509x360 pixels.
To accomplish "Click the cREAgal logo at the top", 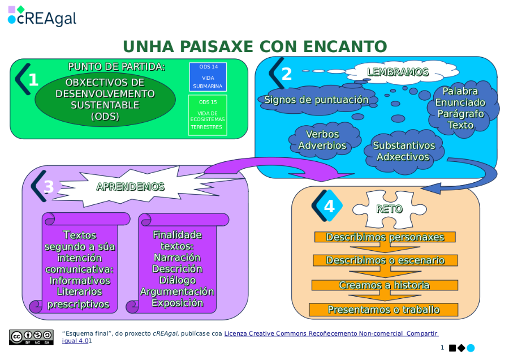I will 42,17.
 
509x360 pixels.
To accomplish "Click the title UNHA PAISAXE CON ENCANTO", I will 255,46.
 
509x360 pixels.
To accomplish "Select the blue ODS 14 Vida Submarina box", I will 208,77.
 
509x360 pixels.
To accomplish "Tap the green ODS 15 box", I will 208,115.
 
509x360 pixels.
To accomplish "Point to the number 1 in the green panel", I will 33,80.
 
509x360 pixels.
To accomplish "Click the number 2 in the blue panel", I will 287,74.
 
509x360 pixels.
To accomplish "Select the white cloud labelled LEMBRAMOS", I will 398,72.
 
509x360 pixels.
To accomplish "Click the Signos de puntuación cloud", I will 317,100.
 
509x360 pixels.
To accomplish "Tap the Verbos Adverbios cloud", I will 322,140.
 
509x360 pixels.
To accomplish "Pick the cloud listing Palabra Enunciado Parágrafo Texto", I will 460,108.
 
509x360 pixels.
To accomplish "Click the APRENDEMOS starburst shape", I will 131,187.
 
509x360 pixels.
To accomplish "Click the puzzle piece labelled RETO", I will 389,209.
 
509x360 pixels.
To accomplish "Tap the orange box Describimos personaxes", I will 385,237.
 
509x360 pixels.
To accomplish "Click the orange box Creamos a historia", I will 385,285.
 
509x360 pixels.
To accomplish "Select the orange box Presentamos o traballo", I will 383,310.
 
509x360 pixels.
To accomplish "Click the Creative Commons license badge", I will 31,337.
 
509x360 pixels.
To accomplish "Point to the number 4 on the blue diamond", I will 329,207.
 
